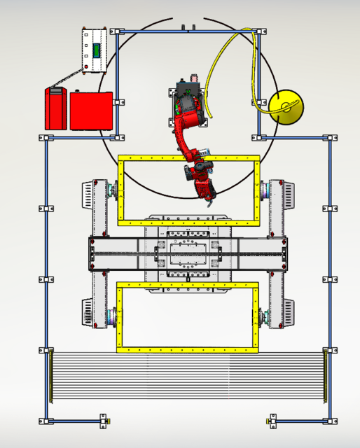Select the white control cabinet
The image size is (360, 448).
pyautogui.click(x=95, y=50)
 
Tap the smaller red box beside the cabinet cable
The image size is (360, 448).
pyautogui.click(x=56, y=108)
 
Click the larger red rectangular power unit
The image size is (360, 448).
pyautogui.click(x=91, y=110)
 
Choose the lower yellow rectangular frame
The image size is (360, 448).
pyautogui.click(x=188, y=349)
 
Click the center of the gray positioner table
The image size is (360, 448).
pyautogui.click(x=188, y=253)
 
